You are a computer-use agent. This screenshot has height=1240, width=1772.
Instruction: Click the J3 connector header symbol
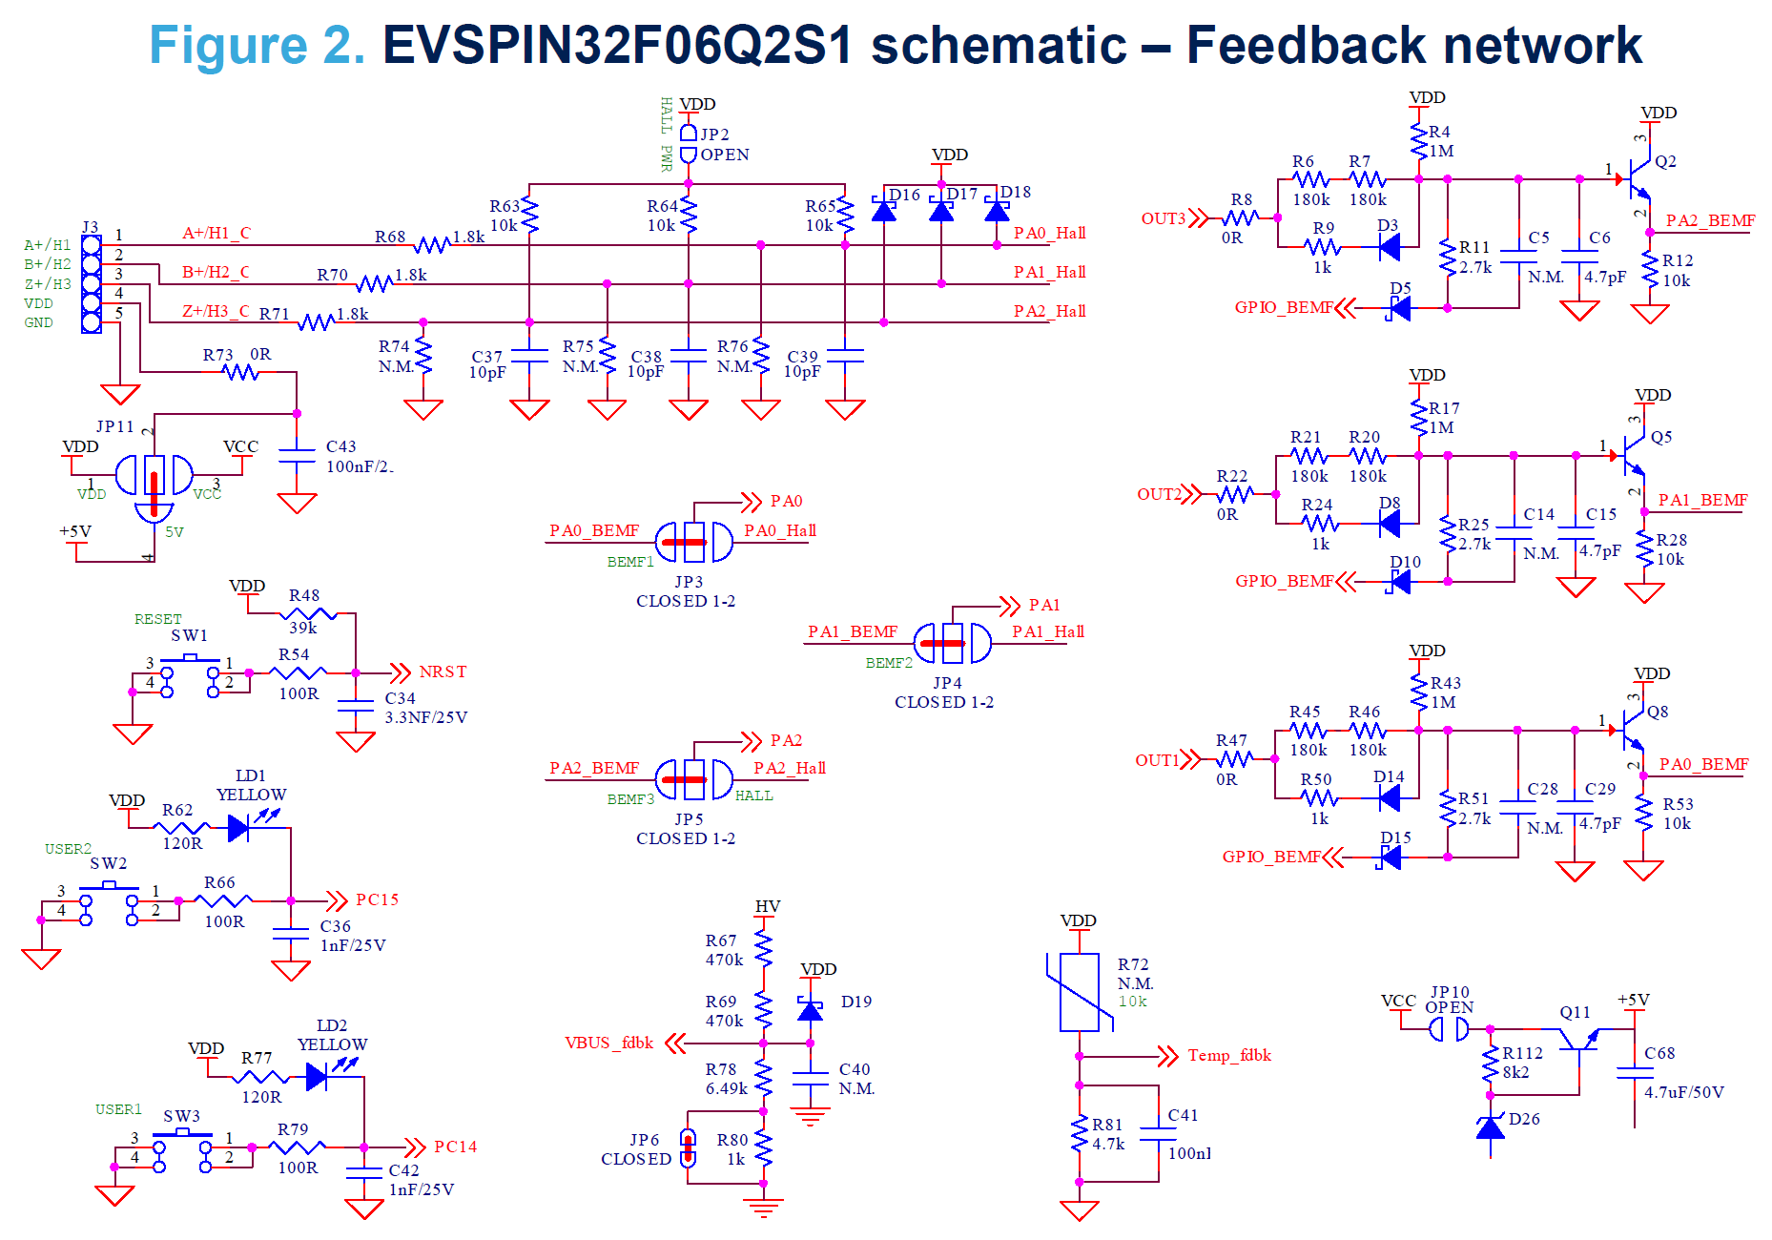click(x=92, y=284)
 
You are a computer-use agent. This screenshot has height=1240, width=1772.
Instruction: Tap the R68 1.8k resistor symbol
click(x=433, y=245)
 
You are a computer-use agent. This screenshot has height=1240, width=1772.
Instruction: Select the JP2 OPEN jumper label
click(x=724, y=145)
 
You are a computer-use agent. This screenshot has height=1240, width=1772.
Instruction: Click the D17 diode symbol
click(x=941, y=210)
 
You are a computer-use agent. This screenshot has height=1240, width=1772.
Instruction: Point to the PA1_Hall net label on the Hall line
click(x=1049, y=273)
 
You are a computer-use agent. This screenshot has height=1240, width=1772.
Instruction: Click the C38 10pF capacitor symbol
click(x=689, y=356)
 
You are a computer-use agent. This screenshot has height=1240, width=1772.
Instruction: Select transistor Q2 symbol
click(x=1638, y=177)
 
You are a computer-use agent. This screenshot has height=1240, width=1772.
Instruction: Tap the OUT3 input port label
click(x=1164, y=218)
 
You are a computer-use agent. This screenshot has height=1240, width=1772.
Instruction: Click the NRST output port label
click(x=443, y=672)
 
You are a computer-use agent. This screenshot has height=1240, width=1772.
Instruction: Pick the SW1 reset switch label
click(x=189, y=635)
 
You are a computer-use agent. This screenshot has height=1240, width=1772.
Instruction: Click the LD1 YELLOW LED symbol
click(x=240, y=828)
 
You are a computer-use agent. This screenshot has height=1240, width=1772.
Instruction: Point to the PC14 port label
click(x=455, y=1147)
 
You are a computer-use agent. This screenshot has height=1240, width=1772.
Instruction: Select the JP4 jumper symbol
click(x=952, y=643)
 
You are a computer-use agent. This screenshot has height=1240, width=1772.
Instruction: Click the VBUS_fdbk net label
click(x=608, y=1044)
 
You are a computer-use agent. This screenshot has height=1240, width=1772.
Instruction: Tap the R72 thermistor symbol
click(x=1080, y=992)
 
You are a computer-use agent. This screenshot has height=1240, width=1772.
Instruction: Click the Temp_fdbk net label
click(x=1228, y=1056)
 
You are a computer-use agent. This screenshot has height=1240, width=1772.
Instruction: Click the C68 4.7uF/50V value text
click(x=1683, y=1092)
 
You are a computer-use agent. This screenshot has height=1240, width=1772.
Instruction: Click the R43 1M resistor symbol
click(x=1419, y=692)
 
